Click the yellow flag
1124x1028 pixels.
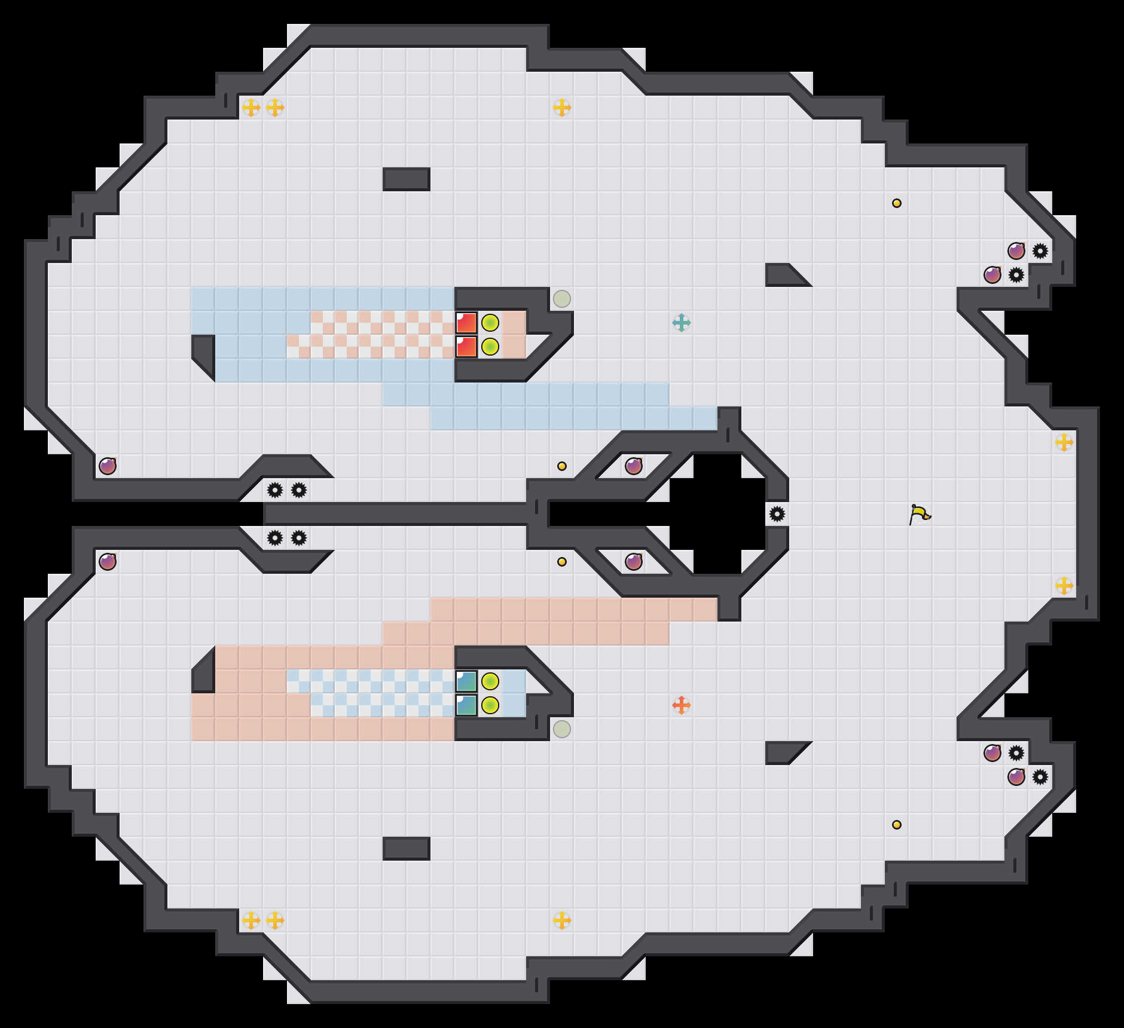pyautogui.click(x=920, y=514)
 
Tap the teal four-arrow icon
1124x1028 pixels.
pyautogui.click(x=681, y=323)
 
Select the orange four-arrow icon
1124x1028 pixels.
pyautogui.click(x=681, y=705)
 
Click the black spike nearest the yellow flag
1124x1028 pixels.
pyautogui.click(x=777, y=514)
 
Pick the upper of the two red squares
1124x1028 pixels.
pyautogui.click(x=466, y=323)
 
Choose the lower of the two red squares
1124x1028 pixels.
pyautogui.click(x=466, y=347)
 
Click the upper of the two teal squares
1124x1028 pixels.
pyautogui.click(x=466, y=681)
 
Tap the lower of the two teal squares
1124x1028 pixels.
pyautogui.click(x=466, y=705)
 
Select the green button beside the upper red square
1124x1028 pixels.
pyautogui.click(x=490, y=323)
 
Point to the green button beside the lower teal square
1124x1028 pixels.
pyautogui.click(x=490, y=705)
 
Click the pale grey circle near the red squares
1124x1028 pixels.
pyautogui.click(x=561, y=299)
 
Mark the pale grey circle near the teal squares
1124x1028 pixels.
pyautogui.click(x=561, y=729)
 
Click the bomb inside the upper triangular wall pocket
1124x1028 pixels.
pyautogui.click(x=634, y=466)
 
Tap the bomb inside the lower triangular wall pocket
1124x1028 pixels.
pyautogui.click(x=634, y=562)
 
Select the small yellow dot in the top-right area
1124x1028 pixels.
pyautogui.click(x=896, y=203)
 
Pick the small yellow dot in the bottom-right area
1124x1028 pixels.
pyautogui.click(x=896, y=825)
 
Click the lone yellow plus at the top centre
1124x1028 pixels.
pyautogui.click(x=561, y=108)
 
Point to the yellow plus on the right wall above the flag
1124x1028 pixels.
pyautogui.click(x=1064, y=442)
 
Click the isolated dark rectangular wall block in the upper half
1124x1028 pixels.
pyautogui.click(x=407, y=179)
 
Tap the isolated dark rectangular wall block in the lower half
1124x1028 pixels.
pyautogui.click(x=407, y=849)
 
